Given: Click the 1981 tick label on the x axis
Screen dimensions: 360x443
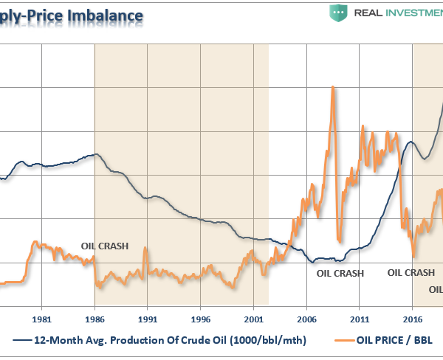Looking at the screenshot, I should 41,320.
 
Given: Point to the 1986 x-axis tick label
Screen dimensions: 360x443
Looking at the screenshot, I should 95,320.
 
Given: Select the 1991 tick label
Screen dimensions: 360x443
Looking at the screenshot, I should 147,320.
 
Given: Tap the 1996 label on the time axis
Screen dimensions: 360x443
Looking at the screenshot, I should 200,320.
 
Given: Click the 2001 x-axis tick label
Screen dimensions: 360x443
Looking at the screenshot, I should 253,320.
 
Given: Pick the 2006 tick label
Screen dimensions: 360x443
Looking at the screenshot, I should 306,320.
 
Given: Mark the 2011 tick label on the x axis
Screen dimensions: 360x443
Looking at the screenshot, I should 360,320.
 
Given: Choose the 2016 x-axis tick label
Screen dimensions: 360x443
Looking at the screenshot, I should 413,320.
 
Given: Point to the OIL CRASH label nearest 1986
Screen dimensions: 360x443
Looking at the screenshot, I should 103,246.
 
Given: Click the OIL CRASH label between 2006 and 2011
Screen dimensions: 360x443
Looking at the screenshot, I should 340,273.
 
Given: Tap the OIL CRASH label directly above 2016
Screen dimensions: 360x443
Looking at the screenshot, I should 411,272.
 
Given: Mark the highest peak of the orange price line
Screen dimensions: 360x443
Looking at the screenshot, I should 333,87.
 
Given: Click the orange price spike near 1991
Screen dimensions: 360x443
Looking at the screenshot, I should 145,248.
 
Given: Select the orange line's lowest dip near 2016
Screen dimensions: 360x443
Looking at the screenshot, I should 413,256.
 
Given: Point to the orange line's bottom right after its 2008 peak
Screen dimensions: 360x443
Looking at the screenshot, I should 339,240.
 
